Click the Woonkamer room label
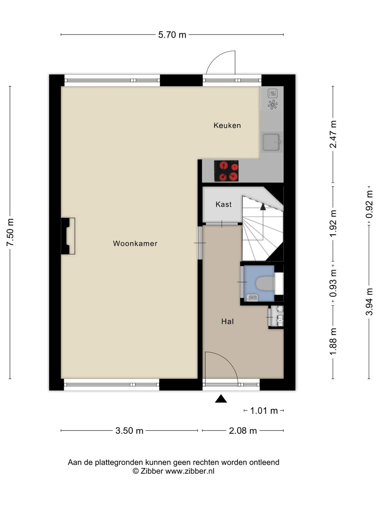[135, 243]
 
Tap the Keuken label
[227, 125]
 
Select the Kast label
[223, 204]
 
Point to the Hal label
[227, 321]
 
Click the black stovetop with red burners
[226, 171]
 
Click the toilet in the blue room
[265, 283]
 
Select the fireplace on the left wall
[68, 236]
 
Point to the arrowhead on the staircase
[263, 207]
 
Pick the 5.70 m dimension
[172, 35]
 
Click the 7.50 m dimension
[10, 232]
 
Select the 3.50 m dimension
[129, 431]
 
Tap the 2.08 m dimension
[243, 431]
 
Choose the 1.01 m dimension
[264, 411]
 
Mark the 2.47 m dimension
[333, 134]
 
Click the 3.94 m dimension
[369, 302]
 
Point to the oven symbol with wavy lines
[273, 93]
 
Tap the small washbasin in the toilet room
[251, 298]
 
